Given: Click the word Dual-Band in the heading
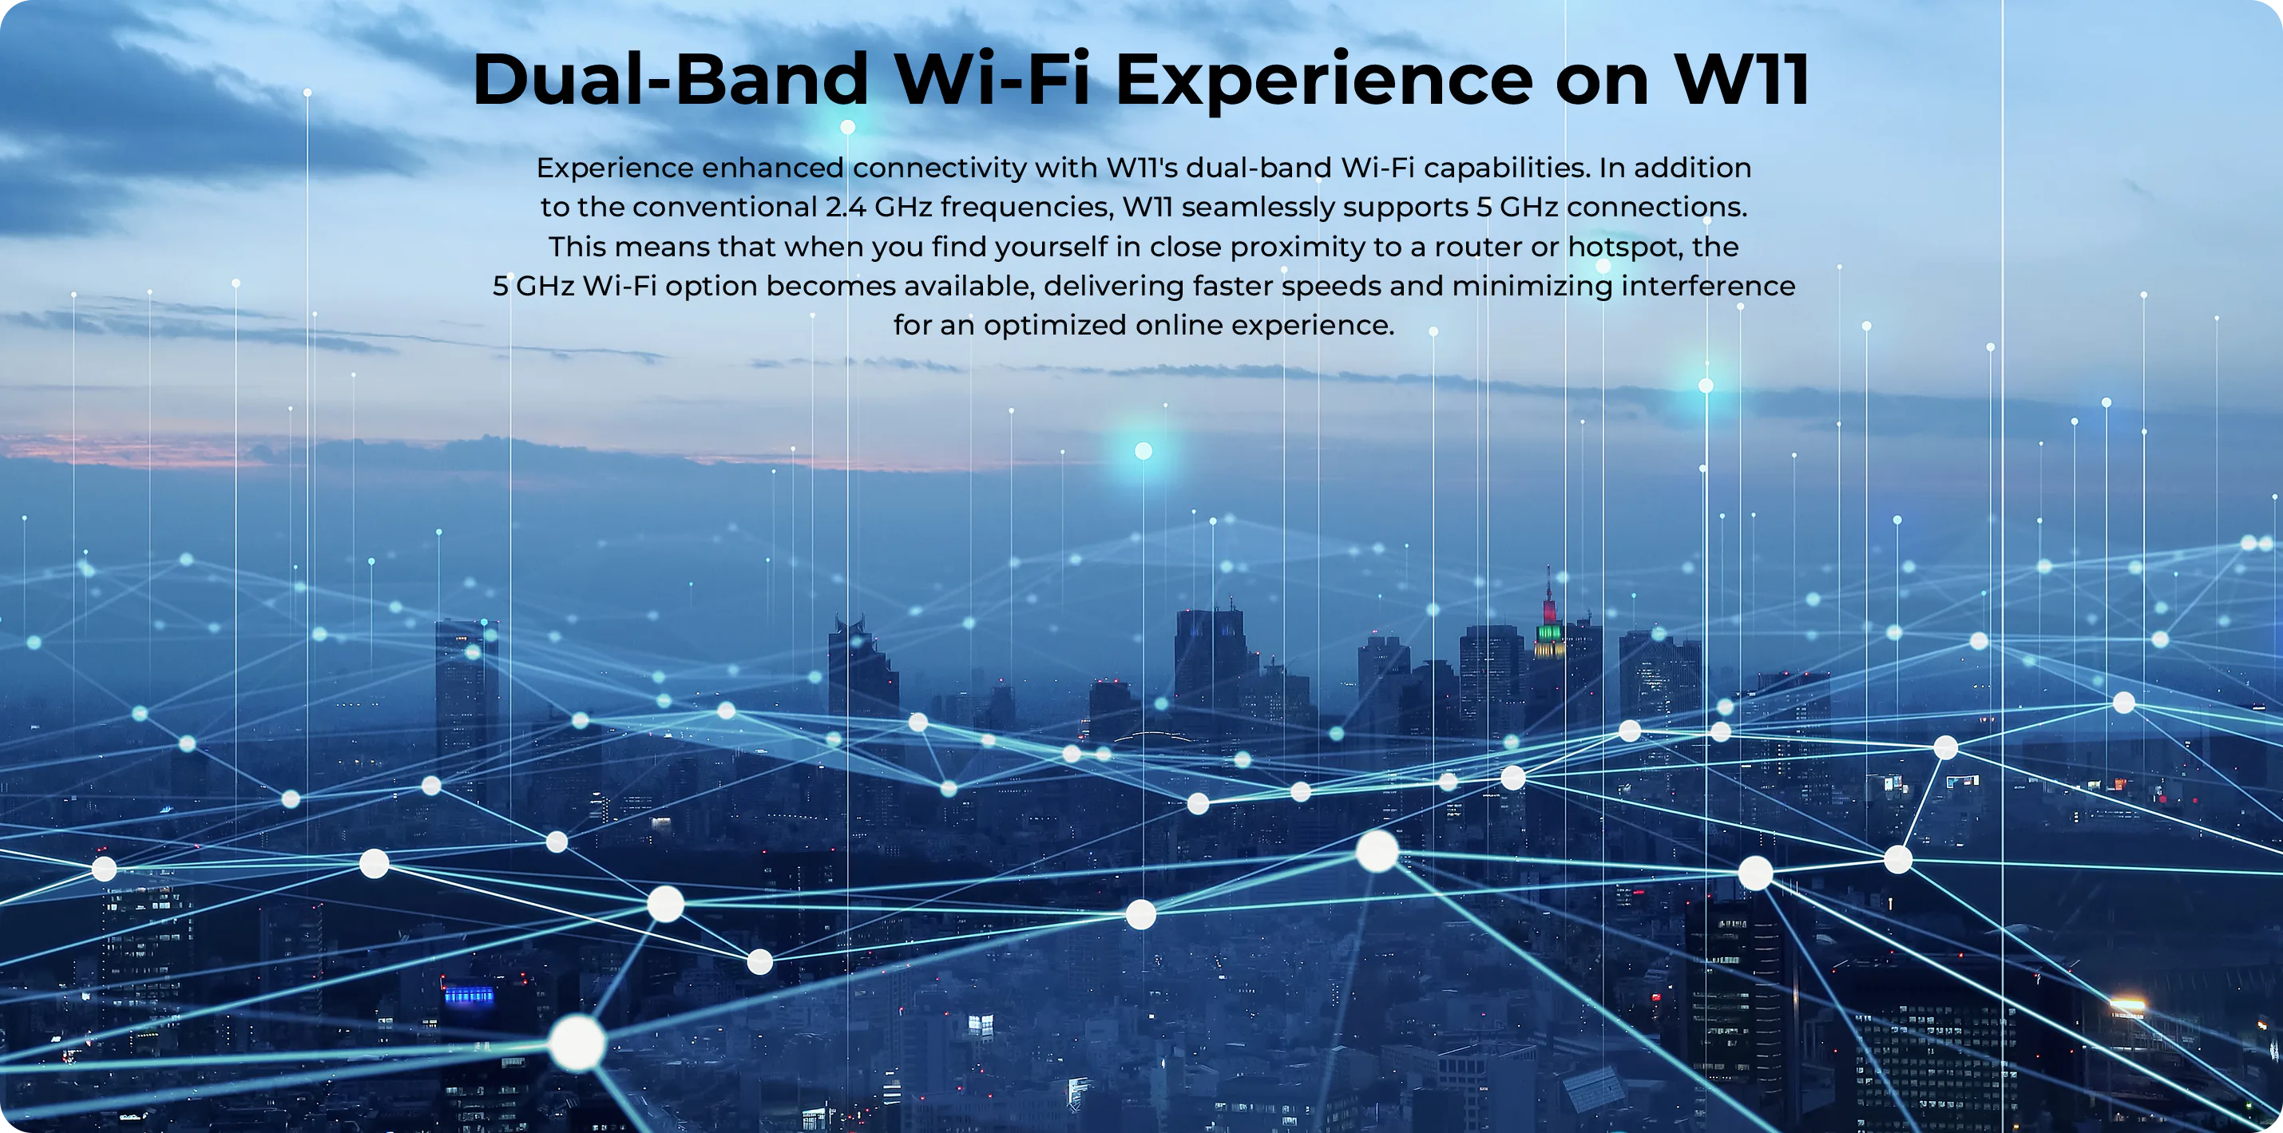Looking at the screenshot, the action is click(670, 80).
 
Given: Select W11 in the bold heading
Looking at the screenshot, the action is click(1742, 80).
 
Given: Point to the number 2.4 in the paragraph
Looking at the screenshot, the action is click(846, 208).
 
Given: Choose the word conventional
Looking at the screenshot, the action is click(724, 208).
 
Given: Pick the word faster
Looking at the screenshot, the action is click(1233, 286).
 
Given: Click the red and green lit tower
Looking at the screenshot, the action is click(1548, 620).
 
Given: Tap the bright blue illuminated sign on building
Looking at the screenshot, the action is click(469, 995).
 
